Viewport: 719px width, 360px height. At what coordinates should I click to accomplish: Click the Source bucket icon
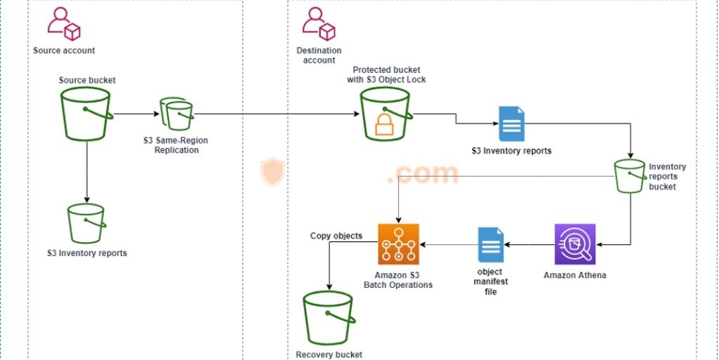(x=87, y=114)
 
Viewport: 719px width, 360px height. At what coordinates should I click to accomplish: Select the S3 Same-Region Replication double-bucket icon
(x=176, y=114)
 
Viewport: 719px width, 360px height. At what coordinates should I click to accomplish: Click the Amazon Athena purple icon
(x=575, y=244)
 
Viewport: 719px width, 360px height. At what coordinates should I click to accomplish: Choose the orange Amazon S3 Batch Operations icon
(x=398, y=244)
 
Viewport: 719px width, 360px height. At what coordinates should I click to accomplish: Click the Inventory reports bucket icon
(x=629, y=176)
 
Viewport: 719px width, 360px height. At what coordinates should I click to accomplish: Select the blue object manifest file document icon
(x=490, y=246)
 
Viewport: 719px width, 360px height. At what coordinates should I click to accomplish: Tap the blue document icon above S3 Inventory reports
(x=511, y=124)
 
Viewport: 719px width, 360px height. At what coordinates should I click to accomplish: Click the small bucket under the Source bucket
(x=86, y=223)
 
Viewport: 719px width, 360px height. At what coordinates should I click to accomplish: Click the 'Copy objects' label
(x=336, y=236)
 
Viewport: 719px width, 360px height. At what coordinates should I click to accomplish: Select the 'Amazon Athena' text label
(x=574, y=275)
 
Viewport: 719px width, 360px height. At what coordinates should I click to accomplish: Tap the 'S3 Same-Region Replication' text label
(x=176, y=145)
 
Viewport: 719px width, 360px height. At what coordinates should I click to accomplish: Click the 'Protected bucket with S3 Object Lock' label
(x=389, y=74)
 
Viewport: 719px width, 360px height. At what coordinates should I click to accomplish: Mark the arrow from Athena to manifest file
(x=528, y=244)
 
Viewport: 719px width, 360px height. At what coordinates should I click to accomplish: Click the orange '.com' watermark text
(x=422, y=173)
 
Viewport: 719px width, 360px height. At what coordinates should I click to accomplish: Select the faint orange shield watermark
(x=272, y=172)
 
